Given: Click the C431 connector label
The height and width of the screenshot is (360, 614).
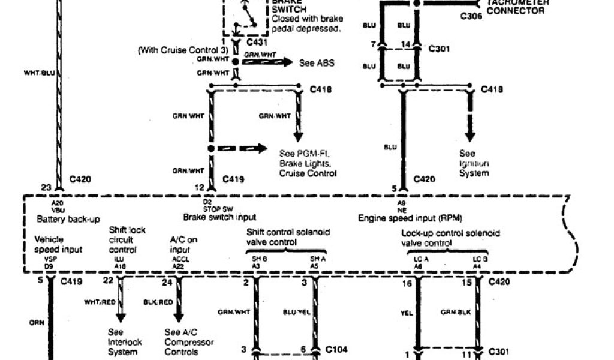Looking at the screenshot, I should click(257, 43).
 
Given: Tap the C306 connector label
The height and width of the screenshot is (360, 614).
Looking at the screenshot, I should click(471, 16).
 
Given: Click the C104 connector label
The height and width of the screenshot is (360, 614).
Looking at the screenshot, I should click(337, 349).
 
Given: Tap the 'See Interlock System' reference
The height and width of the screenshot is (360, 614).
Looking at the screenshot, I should click(125, 342).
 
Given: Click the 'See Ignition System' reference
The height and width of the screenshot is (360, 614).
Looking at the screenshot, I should click(474, 163).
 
